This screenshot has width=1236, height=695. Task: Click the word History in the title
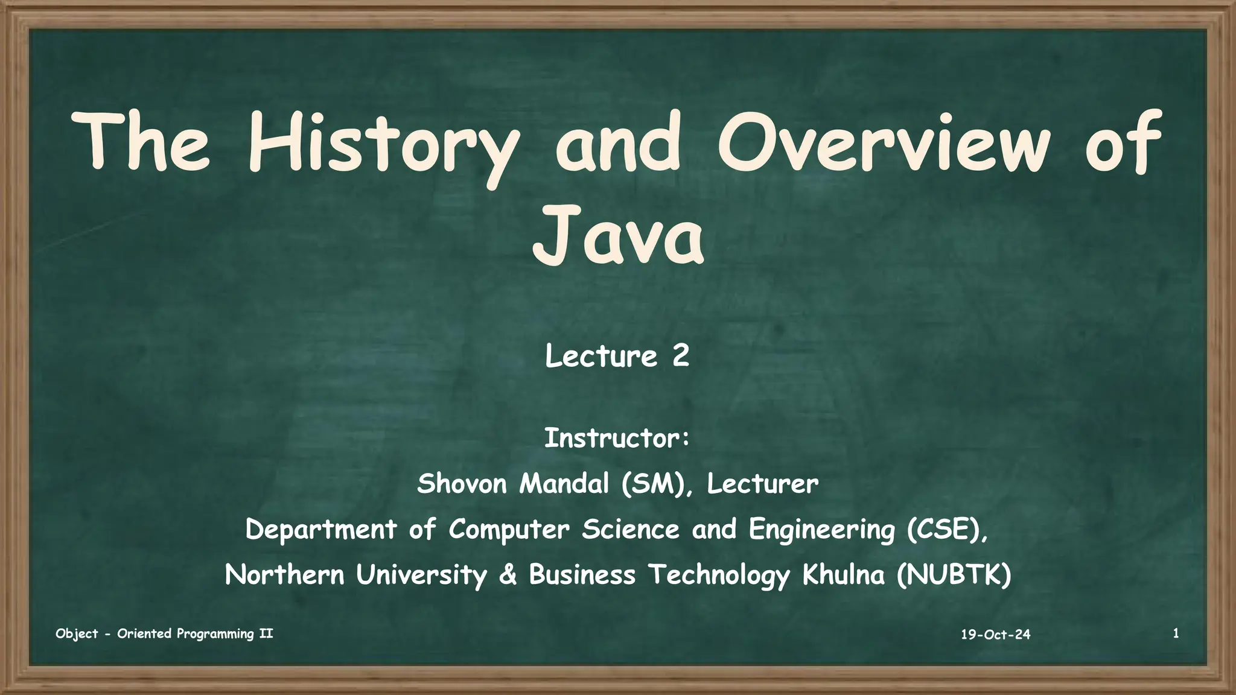click(x=383, y=145)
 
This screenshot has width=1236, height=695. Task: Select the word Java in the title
click(x=618, y=236)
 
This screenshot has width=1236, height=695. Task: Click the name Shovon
click(x=462, y=484)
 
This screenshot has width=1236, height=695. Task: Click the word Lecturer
click(x=762, y=484)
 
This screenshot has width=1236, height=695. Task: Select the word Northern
click(x=284, y=575)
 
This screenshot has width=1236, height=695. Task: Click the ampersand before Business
click(x=508, y=575)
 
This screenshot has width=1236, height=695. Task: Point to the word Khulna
click(x=843, y=575)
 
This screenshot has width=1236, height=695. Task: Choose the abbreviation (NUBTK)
click(x=954, y=575)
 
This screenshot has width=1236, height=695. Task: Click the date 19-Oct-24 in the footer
click(x=995, y=635)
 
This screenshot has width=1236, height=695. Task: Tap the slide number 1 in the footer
click(x=1176, y=633)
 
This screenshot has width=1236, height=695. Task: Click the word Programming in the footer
click(x=215, y=634)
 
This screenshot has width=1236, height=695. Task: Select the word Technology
click(x=719, y=575)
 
